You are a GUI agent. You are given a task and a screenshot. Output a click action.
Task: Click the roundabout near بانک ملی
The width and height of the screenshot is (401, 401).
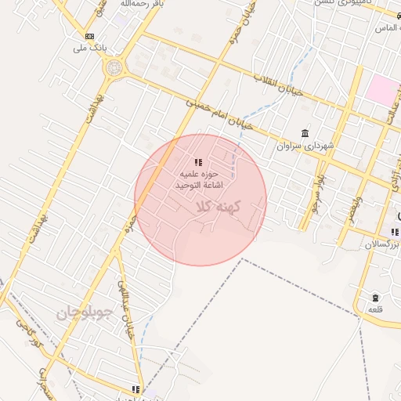point(114,67)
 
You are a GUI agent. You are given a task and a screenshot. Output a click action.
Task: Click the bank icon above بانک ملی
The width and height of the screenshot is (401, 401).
point(89,36)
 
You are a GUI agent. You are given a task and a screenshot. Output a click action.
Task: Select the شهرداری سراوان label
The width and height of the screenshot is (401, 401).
point(305,146)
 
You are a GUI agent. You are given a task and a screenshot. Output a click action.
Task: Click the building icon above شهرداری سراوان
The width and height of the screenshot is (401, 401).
point(305,134)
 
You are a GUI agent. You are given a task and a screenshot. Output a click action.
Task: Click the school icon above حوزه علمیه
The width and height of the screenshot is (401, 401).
point(198,162)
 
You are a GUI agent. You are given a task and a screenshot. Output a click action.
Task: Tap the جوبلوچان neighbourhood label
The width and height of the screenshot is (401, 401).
point(85,313)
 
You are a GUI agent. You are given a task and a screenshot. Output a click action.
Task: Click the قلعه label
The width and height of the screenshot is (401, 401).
point(375,310)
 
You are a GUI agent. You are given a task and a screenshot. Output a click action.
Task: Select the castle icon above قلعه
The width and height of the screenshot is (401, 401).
point(375,298)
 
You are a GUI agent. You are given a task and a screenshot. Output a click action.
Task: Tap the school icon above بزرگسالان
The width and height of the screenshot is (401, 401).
point(393,232)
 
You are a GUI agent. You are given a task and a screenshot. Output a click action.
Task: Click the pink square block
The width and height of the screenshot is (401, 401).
point(381,89)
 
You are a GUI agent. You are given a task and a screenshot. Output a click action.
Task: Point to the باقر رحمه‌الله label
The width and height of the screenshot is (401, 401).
point(141,5)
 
